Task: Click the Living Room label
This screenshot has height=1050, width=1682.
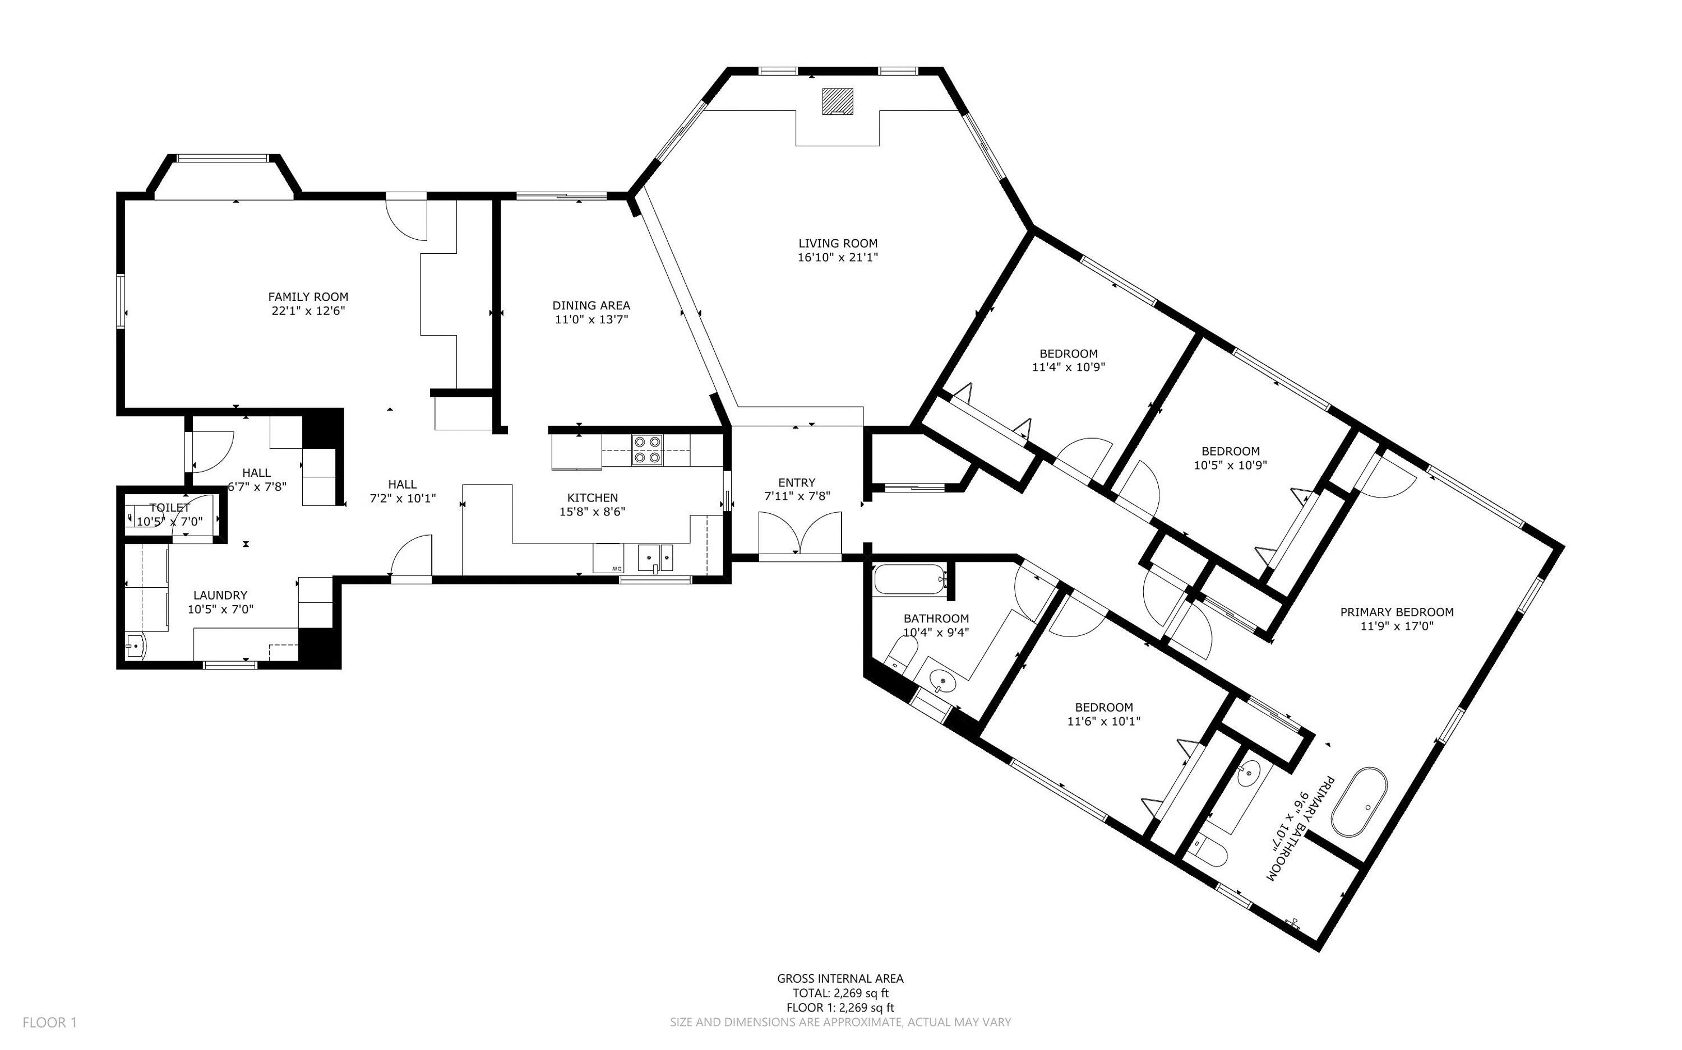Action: [x=837, y=244]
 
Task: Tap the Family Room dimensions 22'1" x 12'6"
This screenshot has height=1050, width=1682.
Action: [x=308, y=311]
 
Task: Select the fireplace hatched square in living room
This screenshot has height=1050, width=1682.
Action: [x=837, y=101]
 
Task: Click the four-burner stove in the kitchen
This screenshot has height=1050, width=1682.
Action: [x=647, y=449]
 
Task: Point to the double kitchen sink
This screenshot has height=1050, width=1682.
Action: [x=655, y=557]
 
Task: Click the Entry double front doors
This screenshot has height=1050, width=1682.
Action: [x=800, y=533]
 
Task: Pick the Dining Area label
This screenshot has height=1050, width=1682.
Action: [x=592, y=305]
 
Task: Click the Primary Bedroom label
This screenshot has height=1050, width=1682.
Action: [x=1397, y=612]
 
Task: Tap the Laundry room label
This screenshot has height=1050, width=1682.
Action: [x=220, y=595]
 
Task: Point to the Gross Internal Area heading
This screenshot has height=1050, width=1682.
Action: [x=840, y=978]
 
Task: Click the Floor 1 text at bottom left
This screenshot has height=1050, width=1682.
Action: [x=49, y=1022]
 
